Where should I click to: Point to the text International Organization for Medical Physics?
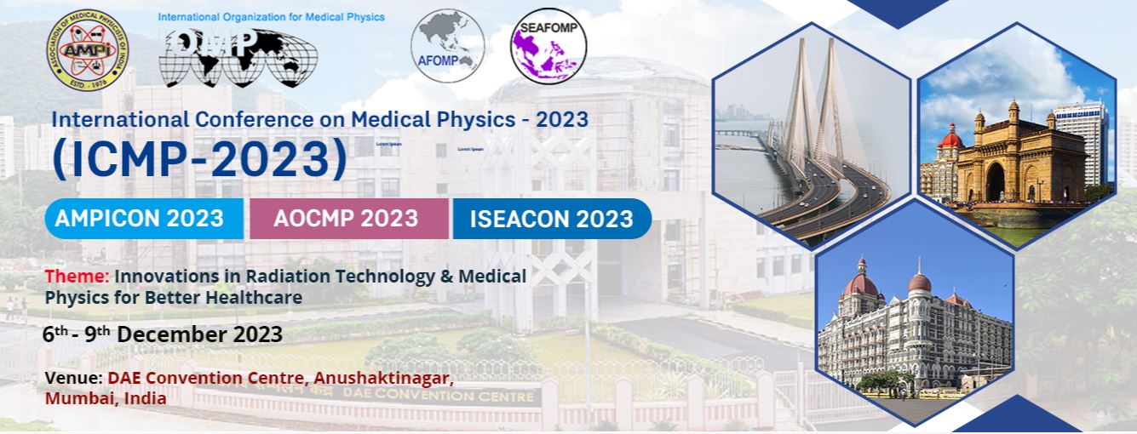coord(271,17)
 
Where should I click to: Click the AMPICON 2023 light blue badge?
coord(139,219)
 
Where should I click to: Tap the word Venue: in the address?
coord(73,377)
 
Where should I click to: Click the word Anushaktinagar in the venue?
coord(382,377)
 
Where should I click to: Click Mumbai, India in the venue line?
coord(106,397)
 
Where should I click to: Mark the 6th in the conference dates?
coord(55,334)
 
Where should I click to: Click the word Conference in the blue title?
coord(238,119)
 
